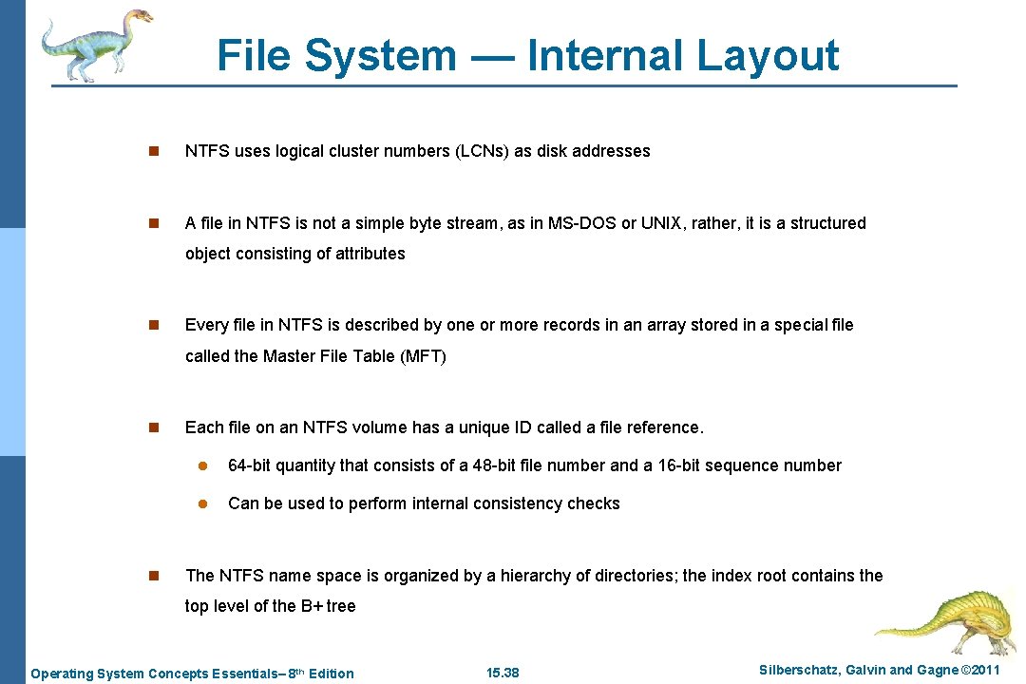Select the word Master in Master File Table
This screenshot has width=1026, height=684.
point(289,356)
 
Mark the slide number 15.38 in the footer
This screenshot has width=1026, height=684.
point(503,674)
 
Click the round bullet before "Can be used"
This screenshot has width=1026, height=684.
point(202,503)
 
